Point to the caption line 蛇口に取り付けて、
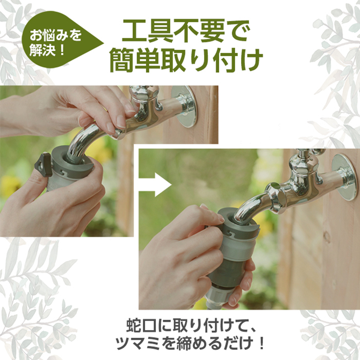pos(191,325)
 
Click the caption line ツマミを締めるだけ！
pos(190,343)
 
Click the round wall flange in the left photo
pos(185,106)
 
